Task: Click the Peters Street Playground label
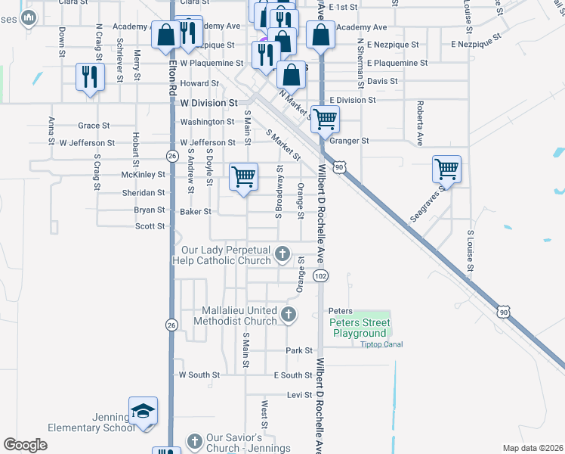tap(358, 328)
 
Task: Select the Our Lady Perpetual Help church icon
tap(282, 253)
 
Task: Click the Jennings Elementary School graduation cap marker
tap(143, 410)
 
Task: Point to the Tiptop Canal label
tap(381, 344)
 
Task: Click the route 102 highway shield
tap(321, 276)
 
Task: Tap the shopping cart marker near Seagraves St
tap(446, 169)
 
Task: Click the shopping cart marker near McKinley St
tap(243, 177)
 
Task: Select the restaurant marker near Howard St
tap(90, 76)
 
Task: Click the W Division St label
tap(208, 101)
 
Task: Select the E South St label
tap(293, 375)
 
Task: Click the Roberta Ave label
tap(419, 115)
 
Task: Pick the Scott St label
tap(150, 226)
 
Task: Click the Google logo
tap(25, 445)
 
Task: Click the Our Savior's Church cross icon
tap(194, 441)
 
